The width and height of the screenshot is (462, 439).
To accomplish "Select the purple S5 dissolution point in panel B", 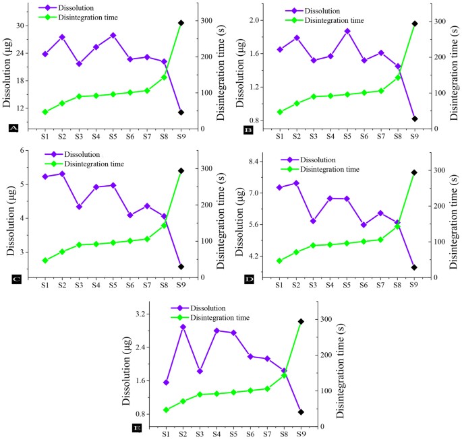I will pos(347,31).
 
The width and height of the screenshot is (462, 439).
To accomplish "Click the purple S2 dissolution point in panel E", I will pos(183,327).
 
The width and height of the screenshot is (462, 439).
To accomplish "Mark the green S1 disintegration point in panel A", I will pos(45,112).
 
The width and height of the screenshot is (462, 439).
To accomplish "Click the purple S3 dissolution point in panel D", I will pos(313,221).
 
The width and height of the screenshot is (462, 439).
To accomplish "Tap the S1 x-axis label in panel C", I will pos(45,285).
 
